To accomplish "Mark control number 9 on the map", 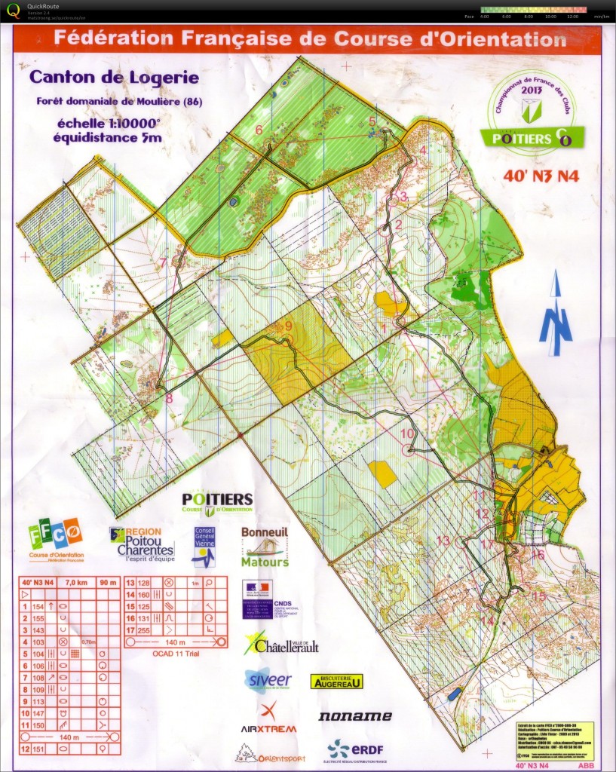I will [288, 326].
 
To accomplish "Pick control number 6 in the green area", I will [259, 130].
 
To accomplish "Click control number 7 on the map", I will [163, 263].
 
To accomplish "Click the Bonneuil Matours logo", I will [265, 547].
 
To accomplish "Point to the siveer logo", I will [268, 679].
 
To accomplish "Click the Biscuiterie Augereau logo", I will [336, 681].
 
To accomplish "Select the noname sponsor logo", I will [354, 716].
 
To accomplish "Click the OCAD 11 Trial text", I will [176, 654].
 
